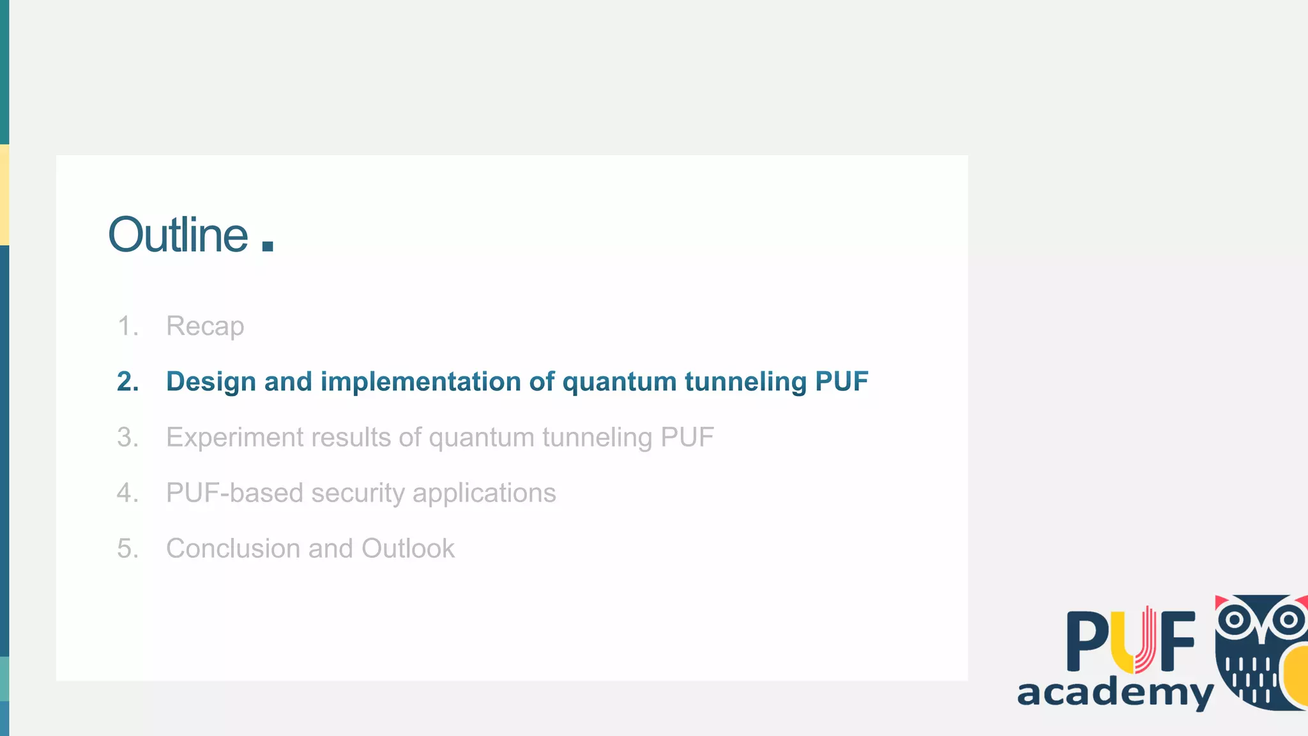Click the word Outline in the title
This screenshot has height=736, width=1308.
pos(178,235)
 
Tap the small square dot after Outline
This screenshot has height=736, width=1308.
pos(268,246)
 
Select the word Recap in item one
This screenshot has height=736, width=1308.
pos(205,326)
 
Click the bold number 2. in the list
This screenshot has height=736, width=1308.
pos(128,381)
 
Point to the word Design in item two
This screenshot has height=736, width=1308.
pos(211,381)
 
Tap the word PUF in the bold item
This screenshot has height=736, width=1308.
pos(841,381)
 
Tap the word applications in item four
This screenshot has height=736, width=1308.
pos(483,493)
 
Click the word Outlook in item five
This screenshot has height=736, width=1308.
pos(407,549)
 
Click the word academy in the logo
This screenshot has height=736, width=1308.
pos(1114,693)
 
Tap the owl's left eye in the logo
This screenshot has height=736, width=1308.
pos(1235,619)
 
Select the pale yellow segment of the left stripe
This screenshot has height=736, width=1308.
pos(4,195)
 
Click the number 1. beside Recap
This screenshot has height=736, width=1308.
pos(128,326)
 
